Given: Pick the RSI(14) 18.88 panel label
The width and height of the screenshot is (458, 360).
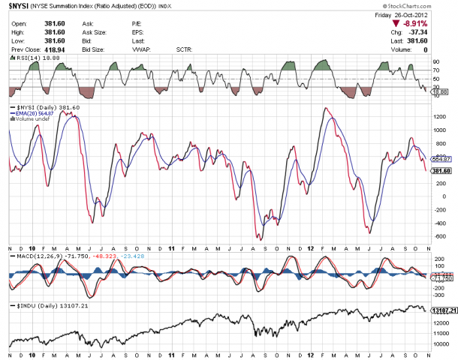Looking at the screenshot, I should click(x=34, y=57).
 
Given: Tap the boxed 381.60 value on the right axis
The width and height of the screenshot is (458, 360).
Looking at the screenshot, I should click(x=442, y=171).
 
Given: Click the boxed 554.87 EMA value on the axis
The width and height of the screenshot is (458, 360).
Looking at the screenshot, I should click(x=442, y=159).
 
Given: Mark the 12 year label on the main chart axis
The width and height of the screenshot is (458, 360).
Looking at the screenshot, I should click(x=310, y=247).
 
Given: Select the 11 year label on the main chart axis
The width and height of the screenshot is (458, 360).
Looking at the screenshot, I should click(x=171, y=247).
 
